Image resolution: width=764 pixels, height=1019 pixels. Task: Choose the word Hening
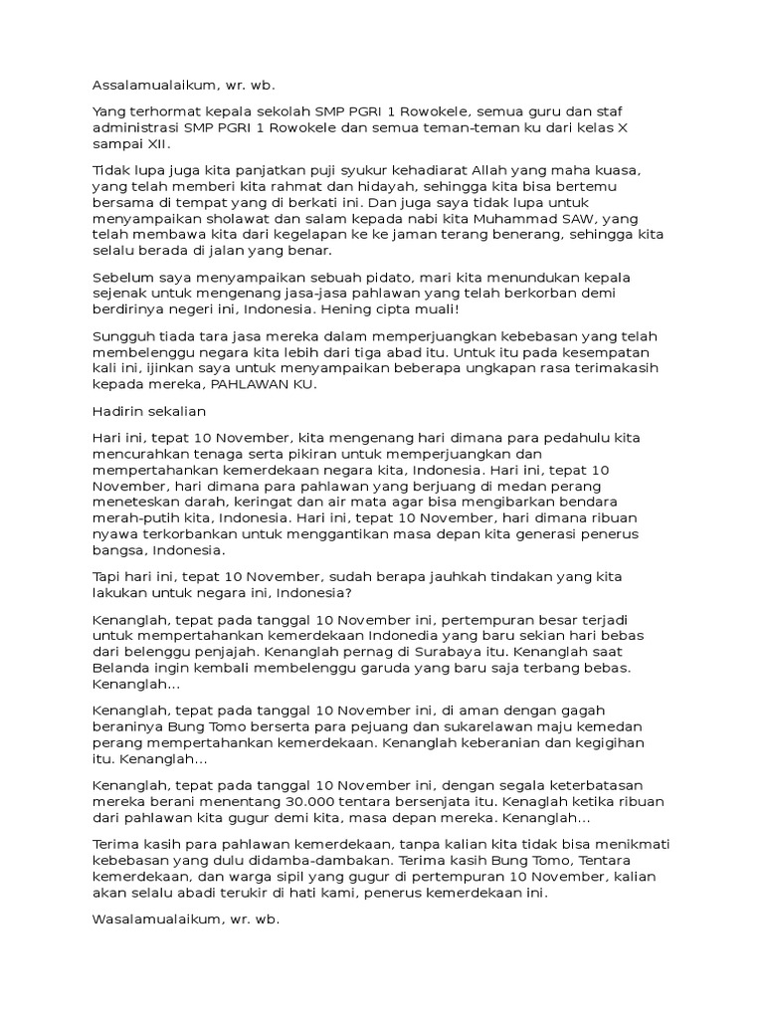coord(358,308)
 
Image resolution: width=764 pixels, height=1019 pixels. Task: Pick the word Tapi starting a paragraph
coord(107,576)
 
